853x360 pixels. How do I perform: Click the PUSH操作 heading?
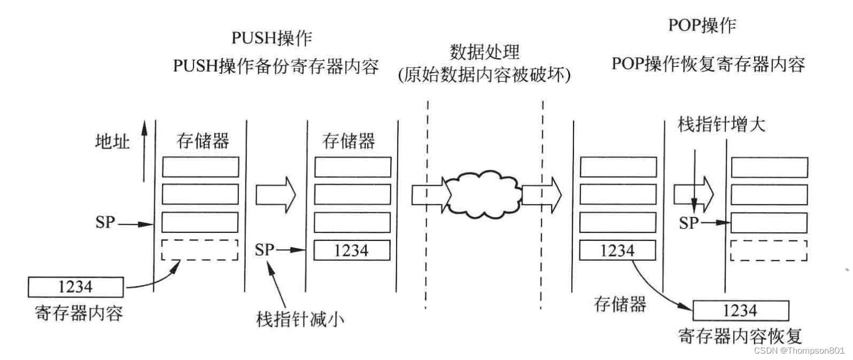click(x=272, y=38)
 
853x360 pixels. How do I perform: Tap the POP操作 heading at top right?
click(x=702, y=25)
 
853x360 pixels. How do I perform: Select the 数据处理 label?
click(x=484, y=52)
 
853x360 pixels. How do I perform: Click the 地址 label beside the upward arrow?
click(x=112, y=142)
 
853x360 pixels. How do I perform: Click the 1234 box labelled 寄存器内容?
click(x=75, y=287)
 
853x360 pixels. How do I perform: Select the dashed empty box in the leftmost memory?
click(x=200, y=250)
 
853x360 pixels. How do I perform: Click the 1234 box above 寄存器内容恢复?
click(x=740, y=310)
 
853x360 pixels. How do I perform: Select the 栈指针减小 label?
click(x=300, y=319)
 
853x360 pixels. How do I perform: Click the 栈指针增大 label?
click(x=722, y=124)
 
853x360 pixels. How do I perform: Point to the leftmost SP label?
click(x=105, y=222)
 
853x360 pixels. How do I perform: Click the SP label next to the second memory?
click(x=265, y=249)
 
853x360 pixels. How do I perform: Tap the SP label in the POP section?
click(x=688, y=223)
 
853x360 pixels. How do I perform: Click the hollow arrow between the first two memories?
click(x=275, y=194)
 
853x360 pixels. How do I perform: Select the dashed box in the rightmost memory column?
click(x=769, y=251)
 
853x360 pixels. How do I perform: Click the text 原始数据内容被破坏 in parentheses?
click(x=484, y=75)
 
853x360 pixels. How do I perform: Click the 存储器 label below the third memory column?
click(x=620, y=304)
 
